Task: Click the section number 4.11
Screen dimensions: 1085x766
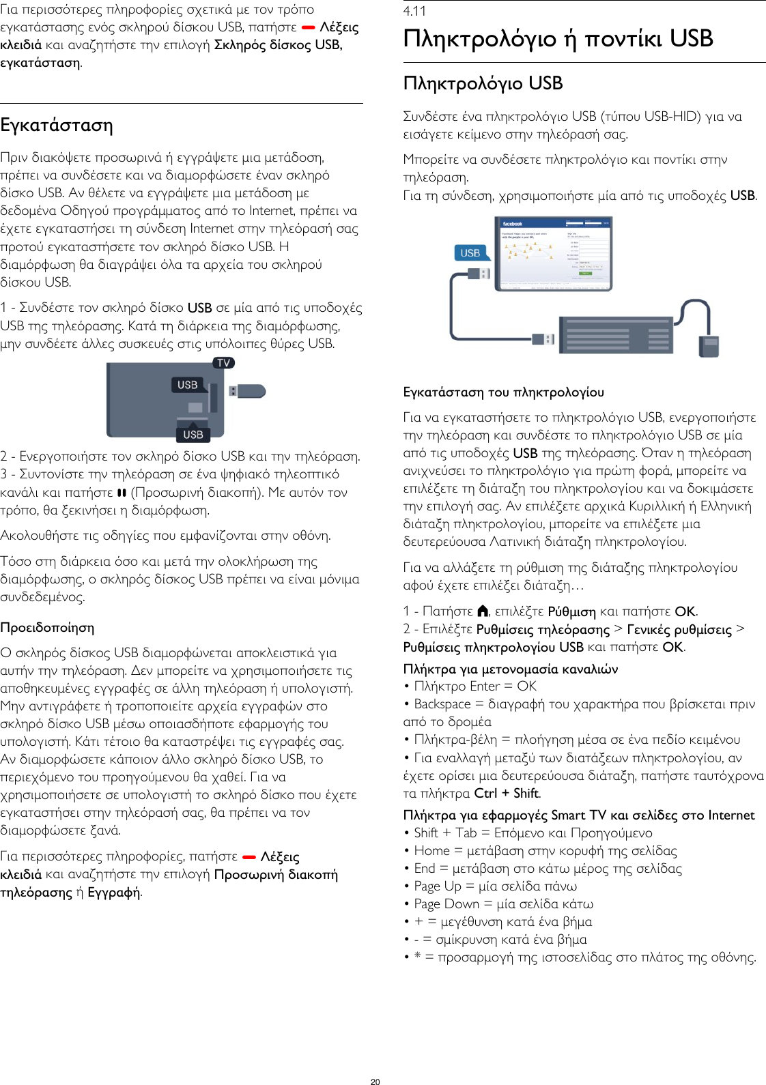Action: pyautogui.click(x=414, y=11)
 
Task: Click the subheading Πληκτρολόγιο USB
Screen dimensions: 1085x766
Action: pyautogui.click(x=483, y=83)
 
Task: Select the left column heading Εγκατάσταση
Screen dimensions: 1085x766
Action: pyautogui.click(x=57, y=126)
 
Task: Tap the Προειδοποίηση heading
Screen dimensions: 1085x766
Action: pyautogui.click(x=47, y=627)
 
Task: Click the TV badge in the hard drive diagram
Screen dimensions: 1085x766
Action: pyautogui.click(x=223, y=363)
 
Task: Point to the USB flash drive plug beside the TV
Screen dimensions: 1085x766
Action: pyautogui.click(x=247, y=391)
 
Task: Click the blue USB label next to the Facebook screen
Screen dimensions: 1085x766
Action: pyautogui.click(x=470, y=253)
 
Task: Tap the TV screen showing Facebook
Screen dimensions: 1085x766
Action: pyautogui.click(x=553, y=252)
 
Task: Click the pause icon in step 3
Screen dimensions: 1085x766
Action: pyautogui.click(x=122, y=492)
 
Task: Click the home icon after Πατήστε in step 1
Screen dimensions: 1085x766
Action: pyautogui.click(x=483, y=611)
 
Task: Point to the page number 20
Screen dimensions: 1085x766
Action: pyautogui.click(x=375, y=1082)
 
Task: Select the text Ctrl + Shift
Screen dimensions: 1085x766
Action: pyautogui.click(x=507, y=793)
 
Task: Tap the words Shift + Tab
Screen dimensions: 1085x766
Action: pyautogui.click(x=445, y=833)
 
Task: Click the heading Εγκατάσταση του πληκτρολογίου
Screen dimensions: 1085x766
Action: pyautogui.click(x=503, y=392)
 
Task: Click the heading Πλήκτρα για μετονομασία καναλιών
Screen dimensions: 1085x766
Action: pyautogui.click(x=510, y=669)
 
